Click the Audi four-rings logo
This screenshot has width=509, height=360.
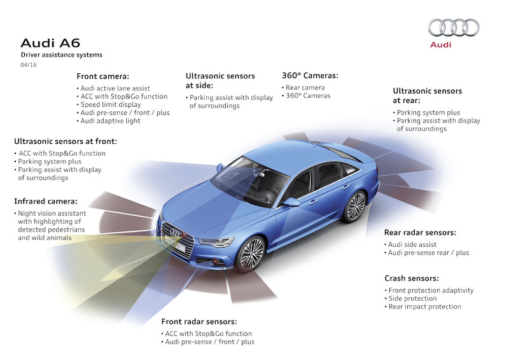tap(454, 27)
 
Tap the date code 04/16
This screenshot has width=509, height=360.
tap(28, 65)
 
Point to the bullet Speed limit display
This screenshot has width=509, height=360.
tap(111, 104)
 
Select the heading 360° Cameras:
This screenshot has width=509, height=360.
tap(310, 75)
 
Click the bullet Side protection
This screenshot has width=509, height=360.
tap(413, 298)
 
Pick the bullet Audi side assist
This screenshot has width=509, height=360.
tap(414, 244)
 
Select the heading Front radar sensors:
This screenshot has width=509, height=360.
tap(199, 321)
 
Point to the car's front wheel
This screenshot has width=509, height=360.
tap(251, 253)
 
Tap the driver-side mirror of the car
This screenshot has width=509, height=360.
tap(291, 202)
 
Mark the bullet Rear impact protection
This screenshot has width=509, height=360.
tap(425, 307)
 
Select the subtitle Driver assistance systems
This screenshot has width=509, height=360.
tap(62, 55)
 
